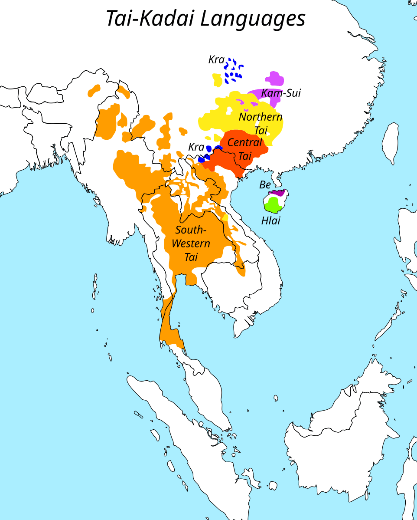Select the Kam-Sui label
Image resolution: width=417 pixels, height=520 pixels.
[x=280, y=93]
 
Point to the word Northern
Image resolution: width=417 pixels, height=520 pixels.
[x=261, y=117]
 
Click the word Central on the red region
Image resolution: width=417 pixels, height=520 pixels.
[x=244, y=142]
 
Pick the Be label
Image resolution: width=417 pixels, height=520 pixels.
[x=265, y=185]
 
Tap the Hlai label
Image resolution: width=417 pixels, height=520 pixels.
[x=270, y=221]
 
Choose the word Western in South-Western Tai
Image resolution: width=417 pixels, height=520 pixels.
[x=191, y=243]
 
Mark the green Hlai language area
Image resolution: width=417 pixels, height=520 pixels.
[x=273, y=204]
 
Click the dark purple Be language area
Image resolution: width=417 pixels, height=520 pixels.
[x=276, y=192]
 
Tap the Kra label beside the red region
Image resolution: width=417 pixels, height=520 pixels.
[x=196, y=147]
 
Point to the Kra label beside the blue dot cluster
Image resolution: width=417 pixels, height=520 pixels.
[x=215, y=59]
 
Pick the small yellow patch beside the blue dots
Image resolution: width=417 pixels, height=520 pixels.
[x=217, y=79]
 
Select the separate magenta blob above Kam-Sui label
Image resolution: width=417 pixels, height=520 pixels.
[x=274, y=79]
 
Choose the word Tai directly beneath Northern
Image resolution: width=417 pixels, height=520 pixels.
[x=261, y=130]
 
